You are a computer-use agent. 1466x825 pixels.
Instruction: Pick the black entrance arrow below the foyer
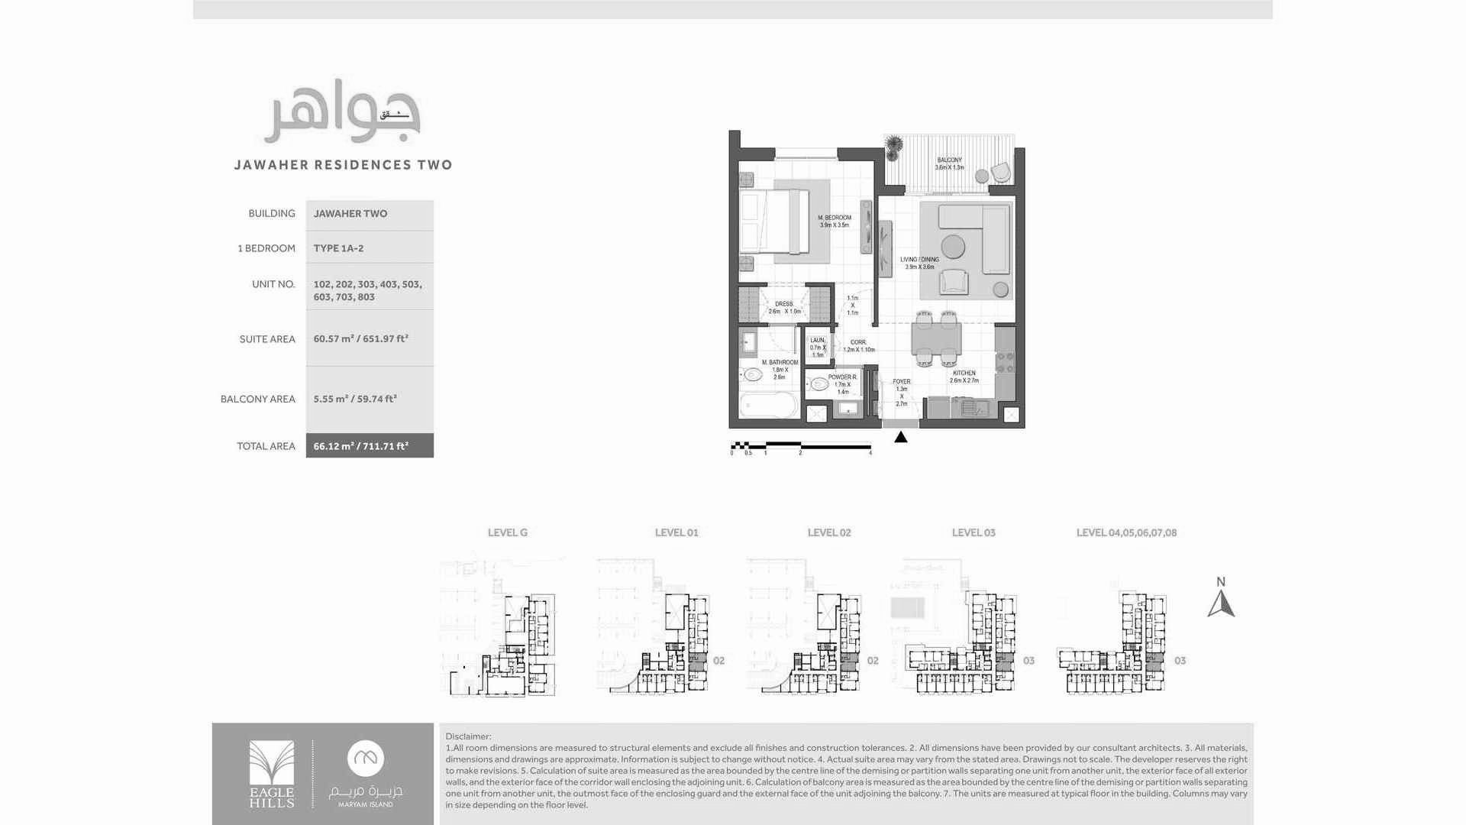[x=901, y=437]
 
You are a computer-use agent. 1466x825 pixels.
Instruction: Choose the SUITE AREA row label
[x=266, y=339]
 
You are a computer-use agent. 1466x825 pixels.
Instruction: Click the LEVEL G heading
[x=508, y=532]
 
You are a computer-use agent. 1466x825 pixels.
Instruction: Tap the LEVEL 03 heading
[x=974, y=532]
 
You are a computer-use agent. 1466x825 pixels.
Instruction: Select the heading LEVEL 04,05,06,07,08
[x=1126, y=532]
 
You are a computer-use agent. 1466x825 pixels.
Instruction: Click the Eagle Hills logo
[x=271, y=774]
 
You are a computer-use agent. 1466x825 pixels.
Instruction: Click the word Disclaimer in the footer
[x=468, y=736]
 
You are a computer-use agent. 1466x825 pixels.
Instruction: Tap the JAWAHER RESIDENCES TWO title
[x=343, y=165]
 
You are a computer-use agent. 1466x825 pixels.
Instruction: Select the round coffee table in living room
[x=952, y=247]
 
